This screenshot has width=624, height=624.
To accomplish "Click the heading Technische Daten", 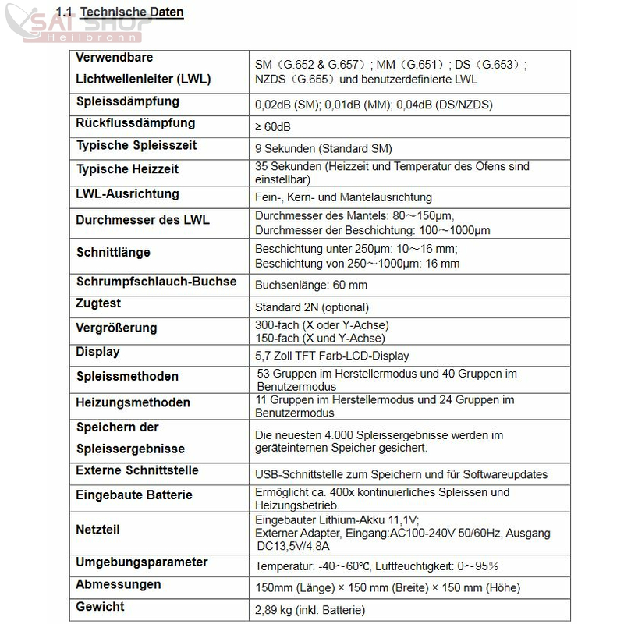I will tap(132, 12).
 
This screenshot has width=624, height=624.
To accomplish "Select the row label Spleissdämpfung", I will tap(127, 101).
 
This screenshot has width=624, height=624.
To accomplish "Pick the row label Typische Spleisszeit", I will tap(136, 145).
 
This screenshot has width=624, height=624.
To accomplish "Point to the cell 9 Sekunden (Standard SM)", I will tap(323, 148).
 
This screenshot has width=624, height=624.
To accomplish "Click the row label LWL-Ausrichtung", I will tap(127, 193).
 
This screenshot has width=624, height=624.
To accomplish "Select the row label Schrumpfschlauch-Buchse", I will tap(156, 282).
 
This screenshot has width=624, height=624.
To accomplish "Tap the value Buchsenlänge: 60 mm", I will tap(311, 285).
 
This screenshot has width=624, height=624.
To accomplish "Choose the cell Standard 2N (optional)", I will tap(312, 307).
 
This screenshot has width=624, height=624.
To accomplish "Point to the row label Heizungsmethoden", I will tap(133, 402).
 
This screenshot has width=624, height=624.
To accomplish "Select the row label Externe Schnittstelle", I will tap(137, 470).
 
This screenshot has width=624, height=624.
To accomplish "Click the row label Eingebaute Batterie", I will tap(134, 495).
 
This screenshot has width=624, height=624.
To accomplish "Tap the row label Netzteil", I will tap(97, 529).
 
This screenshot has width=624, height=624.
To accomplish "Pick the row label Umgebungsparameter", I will tap(142, 562).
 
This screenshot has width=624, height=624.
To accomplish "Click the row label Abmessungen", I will tap(119, 584).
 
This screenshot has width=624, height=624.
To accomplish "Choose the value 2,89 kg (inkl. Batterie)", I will tap(310, 610).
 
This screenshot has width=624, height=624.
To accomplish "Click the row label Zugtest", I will tap(98, 303).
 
